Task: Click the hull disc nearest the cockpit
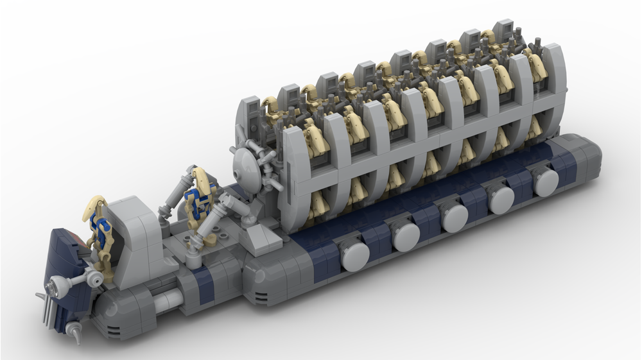(354, 255)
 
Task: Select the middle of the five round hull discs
(455, 217)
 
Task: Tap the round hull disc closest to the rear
(546, 182)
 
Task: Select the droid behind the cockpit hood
(198, 199)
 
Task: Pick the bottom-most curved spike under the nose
(76, 334)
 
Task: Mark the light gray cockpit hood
(134, 231)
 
